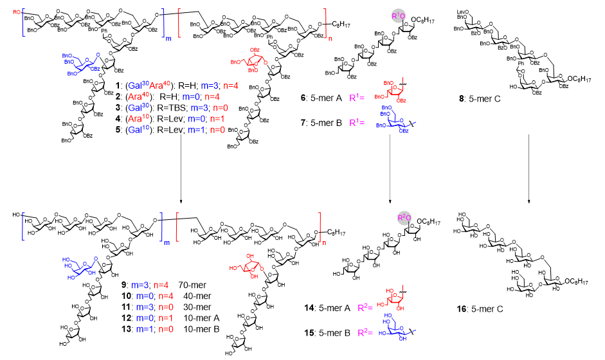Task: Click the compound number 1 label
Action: point(118,85)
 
